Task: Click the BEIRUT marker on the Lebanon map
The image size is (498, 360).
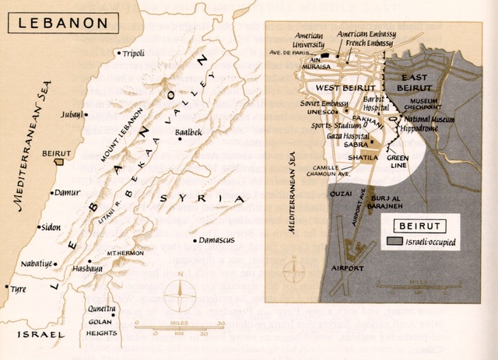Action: [x=55, y=161]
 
